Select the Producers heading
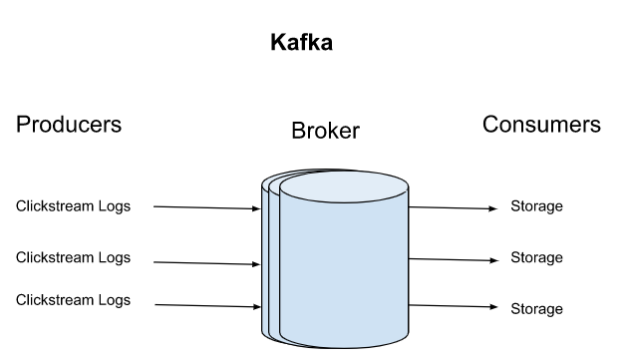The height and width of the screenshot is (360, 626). [x=69, y=125]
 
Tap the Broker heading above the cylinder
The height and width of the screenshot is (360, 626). [x=325, y=132]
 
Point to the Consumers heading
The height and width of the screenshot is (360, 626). [x=541, y=125]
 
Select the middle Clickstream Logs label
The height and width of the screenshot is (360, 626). [x=73, y=257]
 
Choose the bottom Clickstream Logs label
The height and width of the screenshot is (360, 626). [x=73, y=300]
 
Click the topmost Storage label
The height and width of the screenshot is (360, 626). [x=536, y=207]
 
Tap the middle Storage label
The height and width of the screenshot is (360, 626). [x=536, y=257]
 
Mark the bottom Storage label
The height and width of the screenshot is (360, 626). [x=536, y=309]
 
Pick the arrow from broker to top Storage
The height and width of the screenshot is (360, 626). [x=453, y=208]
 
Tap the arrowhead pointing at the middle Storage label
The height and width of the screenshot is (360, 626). [x=493, y=260]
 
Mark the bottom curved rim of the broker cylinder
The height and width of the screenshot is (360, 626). [x=344, y=344]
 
